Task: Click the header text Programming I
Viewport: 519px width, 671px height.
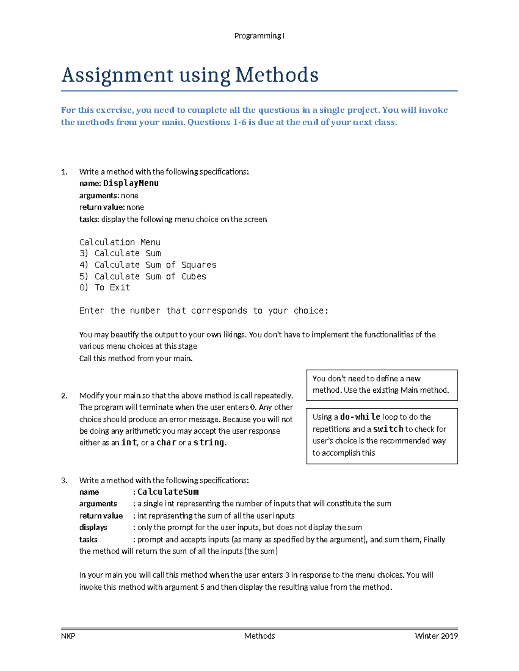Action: click(259, 36)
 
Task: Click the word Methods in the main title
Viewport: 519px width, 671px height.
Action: click(277, 75)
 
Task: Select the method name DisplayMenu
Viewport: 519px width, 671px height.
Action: click(131, 183)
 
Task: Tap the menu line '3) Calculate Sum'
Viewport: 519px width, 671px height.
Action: click(120, 253)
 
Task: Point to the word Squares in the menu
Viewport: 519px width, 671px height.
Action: click(199, 265)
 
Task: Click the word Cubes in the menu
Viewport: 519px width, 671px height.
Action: click(193, 277)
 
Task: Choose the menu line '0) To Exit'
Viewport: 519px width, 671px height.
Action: click(104, 288)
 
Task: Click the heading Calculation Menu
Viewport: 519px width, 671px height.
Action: click(120, 242)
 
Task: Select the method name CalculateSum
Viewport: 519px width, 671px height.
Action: click(168, 492)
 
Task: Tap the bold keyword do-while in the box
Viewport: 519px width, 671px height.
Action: click(360, 417)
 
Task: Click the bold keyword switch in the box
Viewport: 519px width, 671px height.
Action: click(388, 429)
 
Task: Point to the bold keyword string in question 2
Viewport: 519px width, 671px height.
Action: click(209, 442)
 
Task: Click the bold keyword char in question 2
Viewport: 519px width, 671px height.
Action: click(166, 442)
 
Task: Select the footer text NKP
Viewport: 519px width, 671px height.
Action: click(68, 636)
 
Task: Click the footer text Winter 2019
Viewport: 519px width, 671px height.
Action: click(436, 636)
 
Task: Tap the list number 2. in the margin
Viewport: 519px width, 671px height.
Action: click(64, 396)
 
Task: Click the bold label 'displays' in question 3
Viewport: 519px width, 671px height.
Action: click(93, 528)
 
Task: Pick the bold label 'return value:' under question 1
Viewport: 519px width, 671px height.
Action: click(102, 207)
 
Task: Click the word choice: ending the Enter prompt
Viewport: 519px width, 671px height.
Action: click(311, 311)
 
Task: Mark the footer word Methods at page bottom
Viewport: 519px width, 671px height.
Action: click(259, 636)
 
